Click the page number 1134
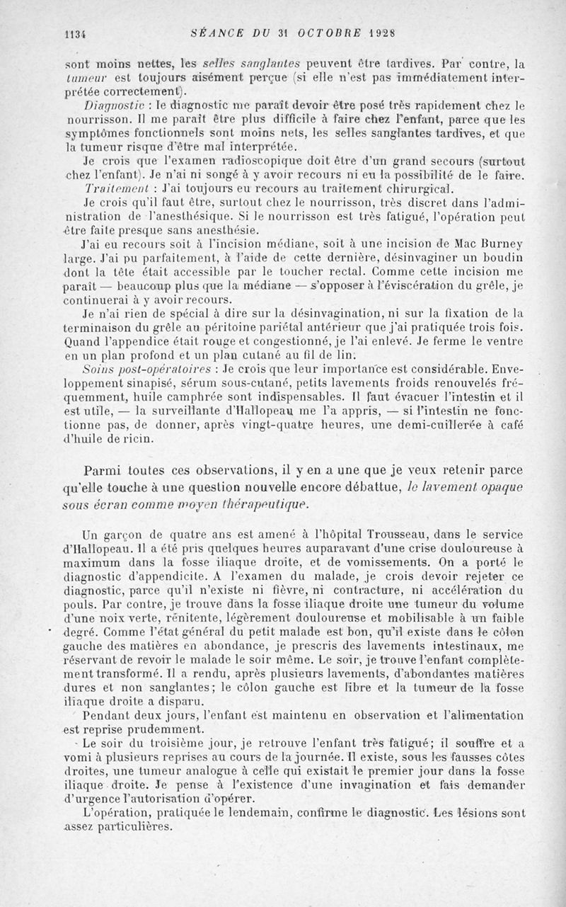coord(75,32)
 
